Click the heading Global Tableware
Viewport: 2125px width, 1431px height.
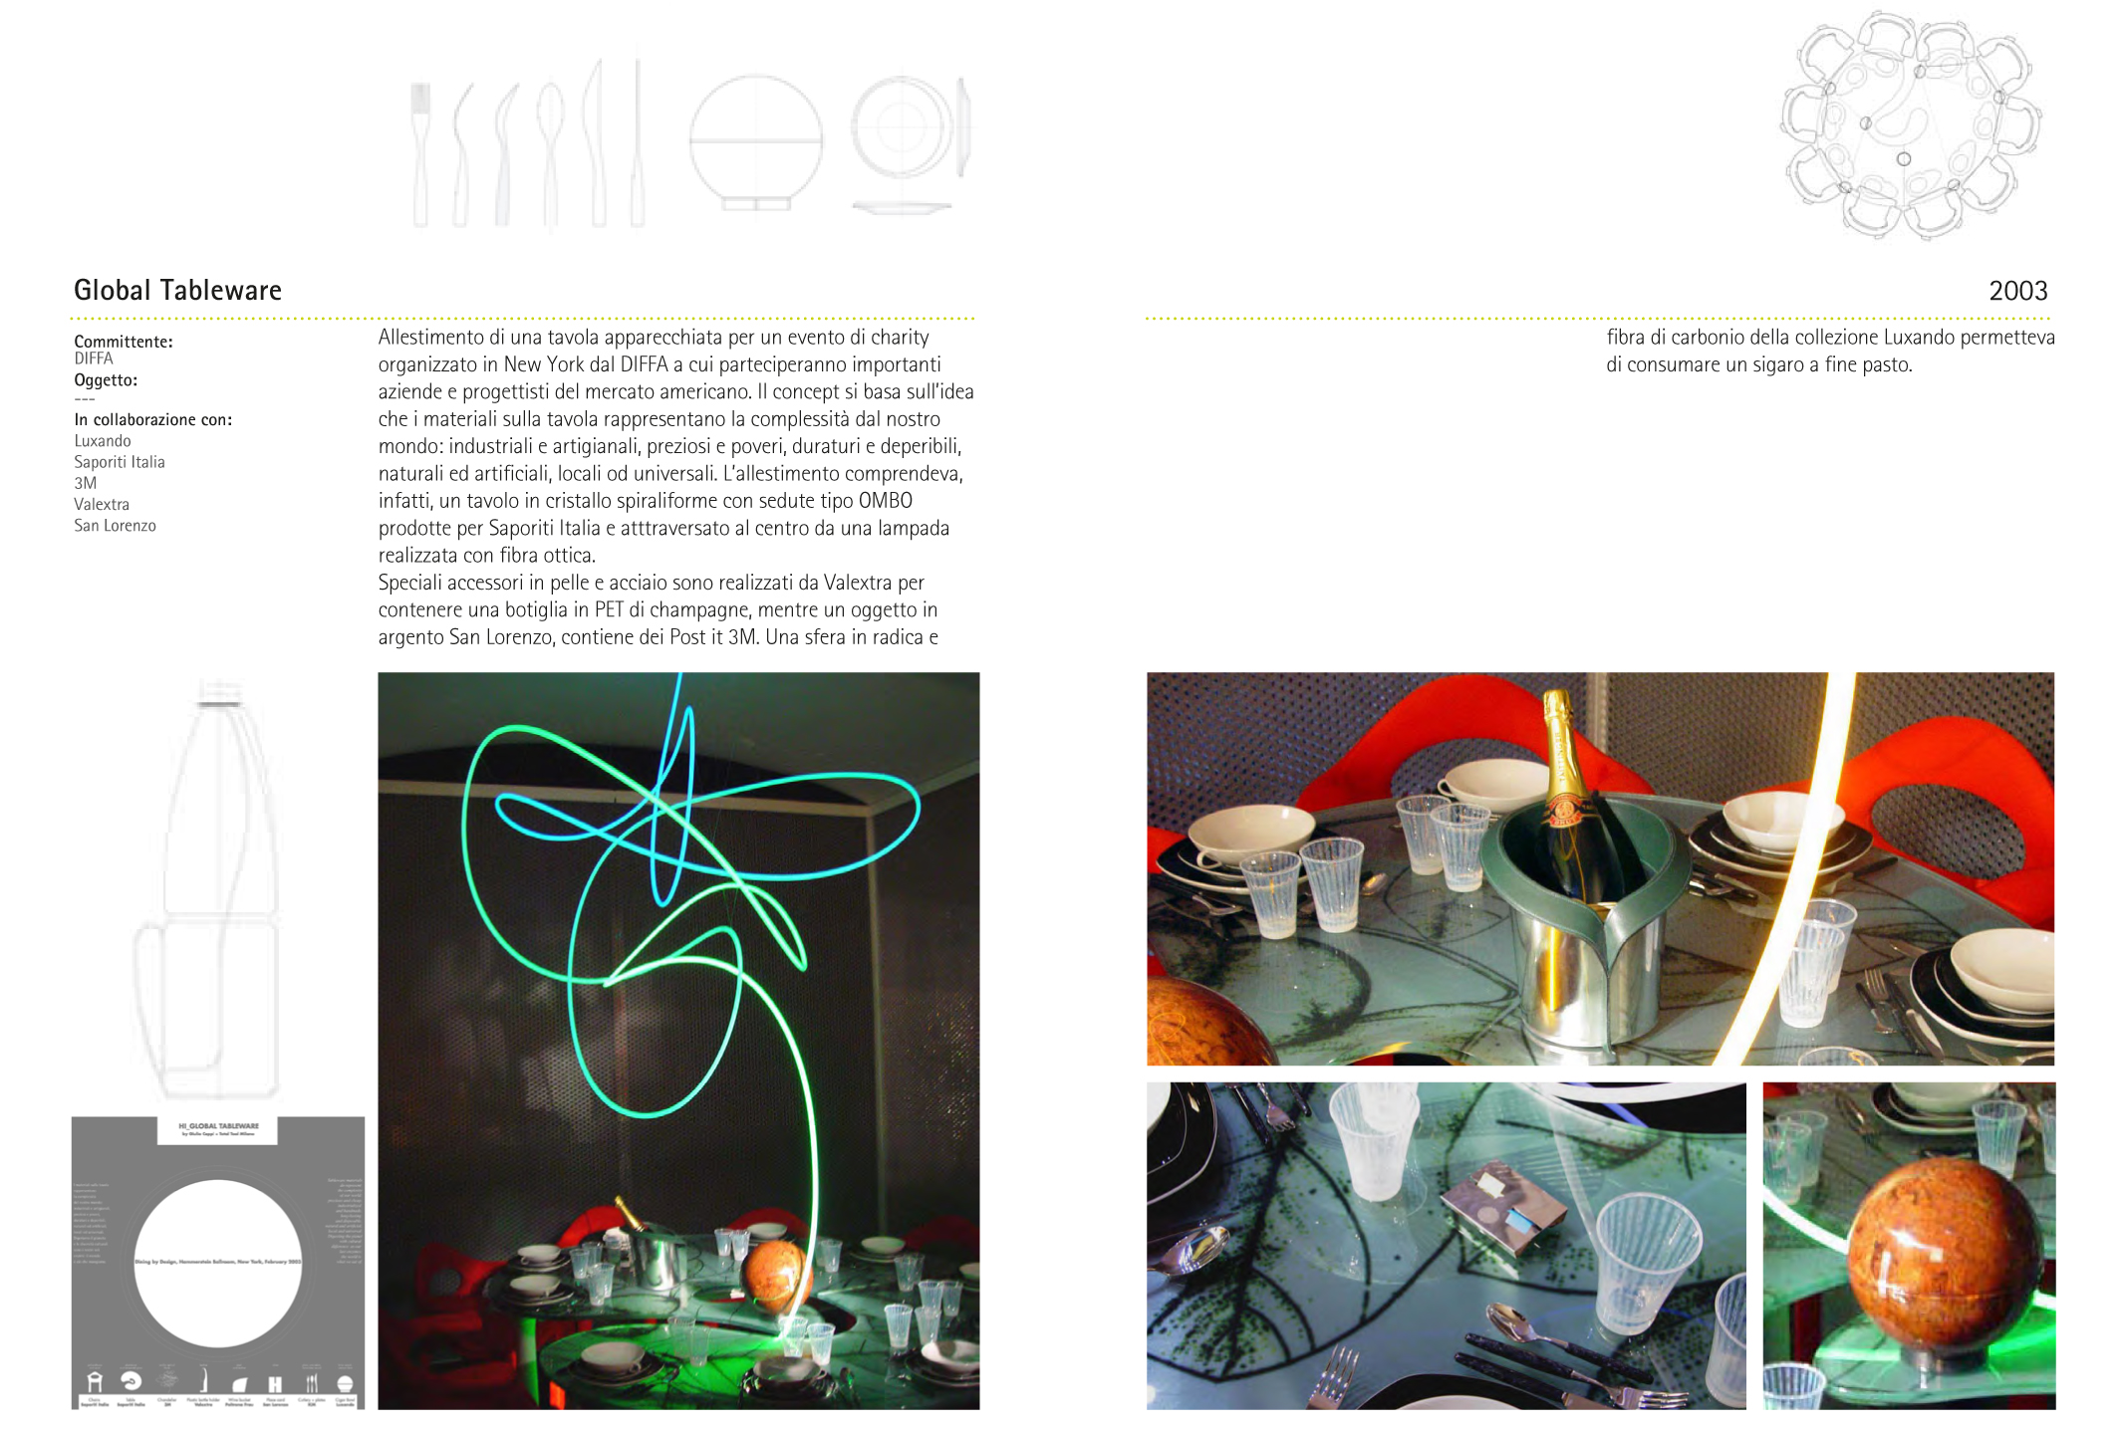[x=177, y=290]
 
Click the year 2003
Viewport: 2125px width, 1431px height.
[x=2017, y=291]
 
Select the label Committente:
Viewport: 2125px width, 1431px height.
[x=124, y=342]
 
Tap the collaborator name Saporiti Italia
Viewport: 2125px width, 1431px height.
[x=120, y=462]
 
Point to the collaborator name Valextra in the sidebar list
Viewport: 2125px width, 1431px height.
[x=102, y=504]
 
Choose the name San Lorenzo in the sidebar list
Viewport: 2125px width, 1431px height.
[x=115, y=526]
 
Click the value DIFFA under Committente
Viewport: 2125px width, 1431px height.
[x=94, y=358]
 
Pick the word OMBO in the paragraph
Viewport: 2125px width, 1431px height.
[x=885, y=501]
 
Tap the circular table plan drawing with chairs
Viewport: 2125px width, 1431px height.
[x=1909, y=124]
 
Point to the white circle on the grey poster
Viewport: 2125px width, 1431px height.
[x=217, y=1262]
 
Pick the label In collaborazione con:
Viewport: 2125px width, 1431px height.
[x=152, y=419]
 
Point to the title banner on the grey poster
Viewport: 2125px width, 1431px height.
[x=217, y=1129]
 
